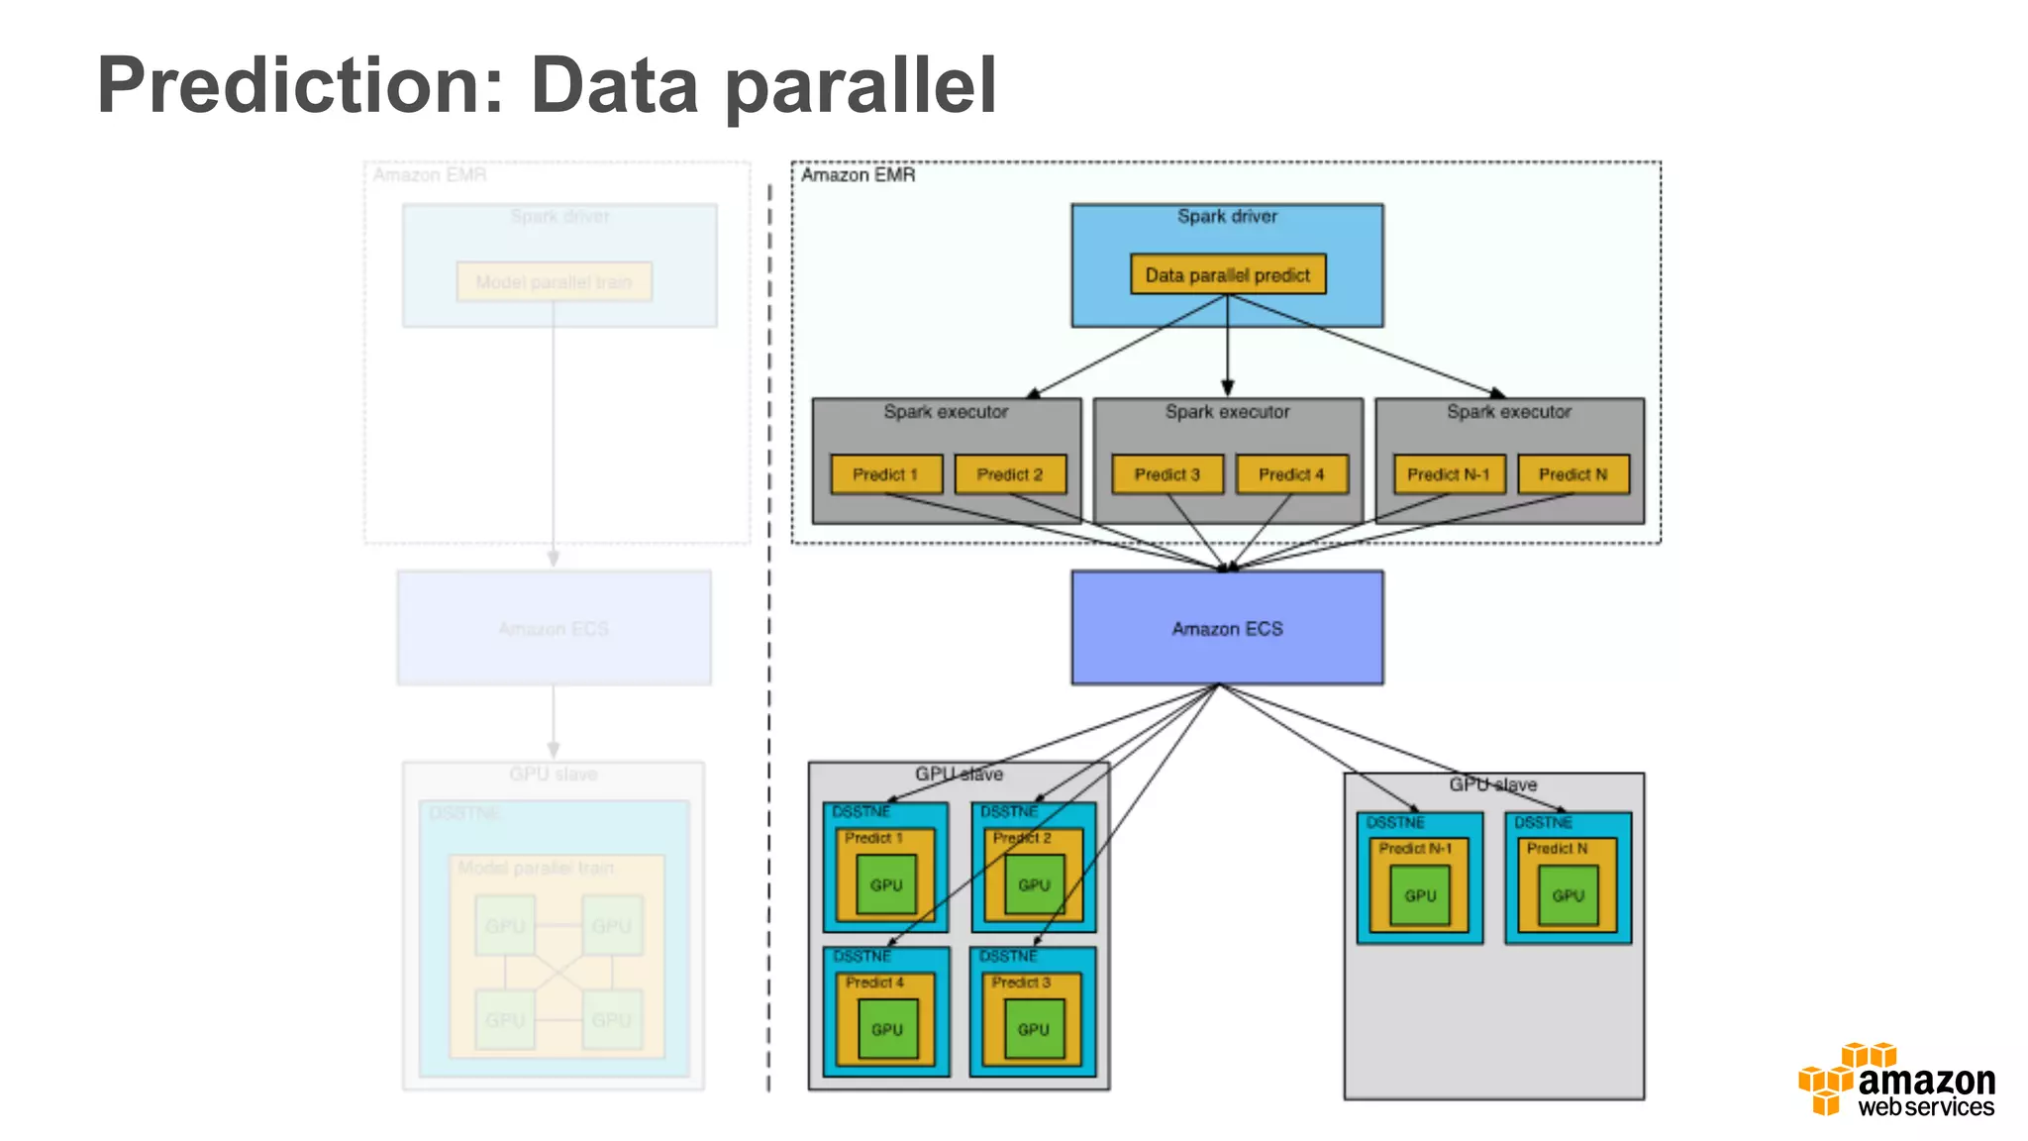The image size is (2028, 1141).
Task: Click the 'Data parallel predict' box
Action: [x=1227, y=274]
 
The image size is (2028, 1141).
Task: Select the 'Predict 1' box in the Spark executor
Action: [x=885, y=474]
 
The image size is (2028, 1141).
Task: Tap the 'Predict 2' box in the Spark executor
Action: [x=1010, y=474]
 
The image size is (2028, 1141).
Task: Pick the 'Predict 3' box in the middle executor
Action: [x=1166, y=474]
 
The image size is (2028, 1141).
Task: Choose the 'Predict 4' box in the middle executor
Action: [x=1291, y=474]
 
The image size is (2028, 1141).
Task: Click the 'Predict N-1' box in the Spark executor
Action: [x=1448, y=474]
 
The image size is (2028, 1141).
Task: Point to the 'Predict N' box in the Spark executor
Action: [x=1572, y=474]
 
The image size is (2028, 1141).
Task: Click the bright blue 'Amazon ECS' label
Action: [x=1227, y=629]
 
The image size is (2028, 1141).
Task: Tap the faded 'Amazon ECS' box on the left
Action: [x=554, y=628]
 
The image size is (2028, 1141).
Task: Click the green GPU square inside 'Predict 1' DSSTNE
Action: [x=886, y=884]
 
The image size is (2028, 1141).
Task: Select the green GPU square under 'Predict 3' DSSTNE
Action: [x=1033, y=1029]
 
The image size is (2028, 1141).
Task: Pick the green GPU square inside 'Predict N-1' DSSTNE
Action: [x=1419, y=895]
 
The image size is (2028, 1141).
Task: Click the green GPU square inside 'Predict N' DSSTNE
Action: [x=1568, y=895]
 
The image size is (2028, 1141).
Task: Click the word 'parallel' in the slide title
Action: [x=861, y=87]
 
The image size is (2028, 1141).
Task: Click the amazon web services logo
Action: [x=1897, y=1082]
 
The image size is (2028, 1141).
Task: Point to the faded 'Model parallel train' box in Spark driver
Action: [x=554, y=282]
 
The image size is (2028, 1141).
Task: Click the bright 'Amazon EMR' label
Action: [x=858, y=175]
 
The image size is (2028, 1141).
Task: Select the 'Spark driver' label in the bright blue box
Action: [x=1227, y=216]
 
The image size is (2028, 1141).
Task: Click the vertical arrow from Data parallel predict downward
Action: [x=1227, y=347]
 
